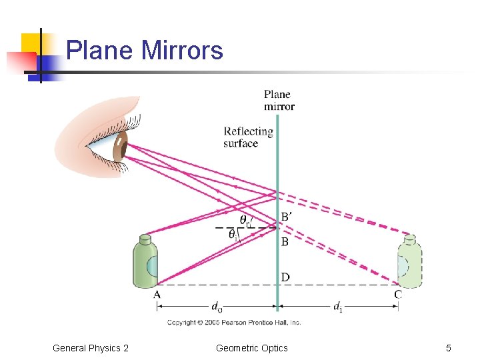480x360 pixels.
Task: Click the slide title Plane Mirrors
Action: click(145, 50)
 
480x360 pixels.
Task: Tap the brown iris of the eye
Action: click(120, 147)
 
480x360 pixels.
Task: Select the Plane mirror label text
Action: click(279, 100)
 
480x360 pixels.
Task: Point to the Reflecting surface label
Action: click(248, 137)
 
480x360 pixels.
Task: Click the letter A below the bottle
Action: click(157, 294)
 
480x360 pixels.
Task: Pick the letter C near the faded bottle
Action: click(398, 294)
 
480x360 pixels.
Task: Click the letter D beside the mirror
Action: click(285, 277)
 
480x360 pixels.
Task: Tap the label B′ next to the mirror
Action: click(286, 217)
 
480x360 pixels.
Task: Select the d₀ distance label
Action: click(217, 307)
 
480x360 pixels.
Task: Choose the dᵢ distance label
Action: click(338, 307)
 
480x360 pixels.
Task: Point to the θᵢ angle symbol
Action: click(233, 234)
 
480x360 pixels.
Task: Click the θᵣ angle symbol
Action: click(245, 220)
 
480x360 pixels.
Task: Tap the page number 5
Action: click(449, 348)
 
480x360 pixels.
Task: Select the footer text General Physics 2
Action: click(91, 348)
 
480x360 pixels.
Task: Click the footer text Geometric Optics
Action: click(252, 348)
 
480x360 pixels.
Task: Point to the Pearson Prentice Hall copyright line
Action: click(234, 323)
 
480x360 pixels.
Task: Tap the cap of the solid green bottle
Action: click(145, 238)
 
